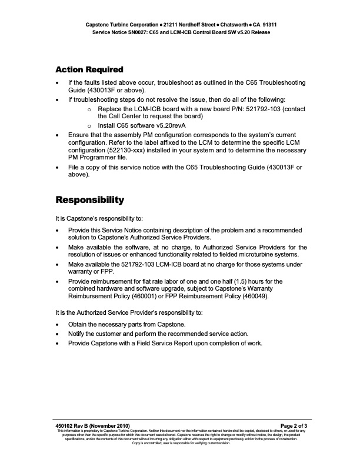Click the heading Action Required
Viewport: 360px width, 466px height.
pyautogui.click(x=89, y=70)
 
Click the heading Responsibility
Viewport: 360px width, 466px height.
pyautogui.click(x=89, y=199)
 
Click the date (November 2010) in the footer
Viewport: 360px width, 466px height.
pyautogui.click(x=115, y=425)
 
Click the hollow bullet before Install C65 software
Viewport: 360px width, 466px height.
pyautogui.click(x=89, y=126)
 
